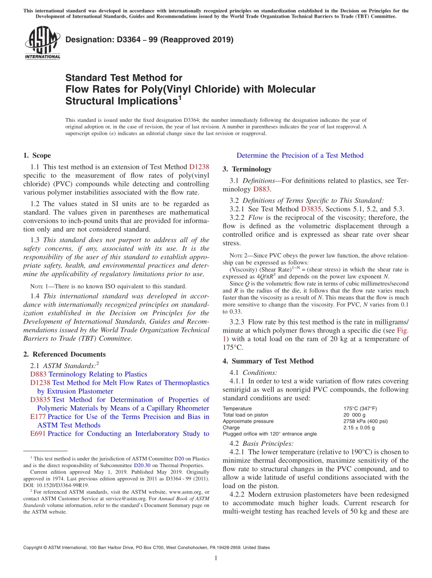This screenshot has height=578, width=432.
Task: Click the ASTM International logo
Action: click(x=42, y=43)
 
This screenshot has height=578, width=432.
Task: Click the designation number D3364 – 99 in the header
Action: click(x=149, y=40)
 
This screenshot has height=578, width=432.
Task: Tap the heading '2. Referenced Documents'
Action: click(x=64, y=354)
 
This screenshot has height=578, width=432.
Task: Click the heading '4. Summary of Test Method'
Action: click(x=268, y=361)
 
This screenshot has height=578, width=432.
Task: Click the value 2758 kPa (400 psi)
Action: click(x=366, y=421)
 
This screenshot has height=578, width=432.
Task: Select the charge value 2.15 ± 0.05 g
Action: click(x=359, y=428)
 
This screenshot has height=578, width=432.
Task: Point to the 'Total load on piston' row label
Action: click(x=246, y=415)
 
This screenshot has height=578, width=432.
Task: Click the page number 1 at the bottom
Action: click(x=216, y=558)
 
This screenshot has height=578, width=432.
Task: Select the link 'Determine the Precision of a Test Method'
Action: click(x=300, y=155)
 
